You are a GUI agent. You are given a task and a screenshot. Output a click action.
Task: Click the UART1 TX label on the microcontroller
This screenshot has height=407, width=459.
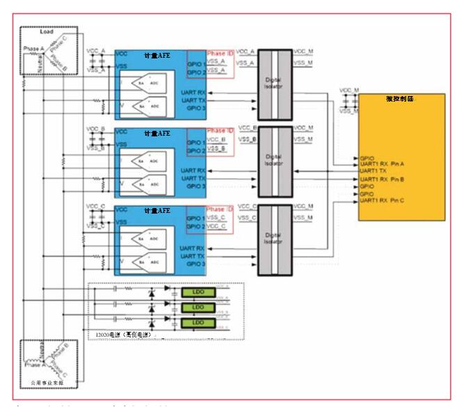373,170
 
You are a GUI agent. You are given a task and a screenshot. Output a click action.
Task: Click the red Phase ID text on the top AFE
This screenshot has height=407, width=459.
220,54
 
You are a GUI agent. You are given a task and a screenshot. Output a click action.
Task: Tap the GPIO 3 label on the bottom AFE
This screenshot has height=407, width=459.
195,264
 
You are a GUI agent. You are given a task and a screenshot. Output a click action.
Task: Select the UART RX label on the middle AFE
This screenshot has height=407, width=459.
191,170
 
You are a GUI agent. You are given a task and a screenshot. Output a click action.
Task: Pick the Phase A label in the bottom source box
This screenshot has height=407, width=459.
33,365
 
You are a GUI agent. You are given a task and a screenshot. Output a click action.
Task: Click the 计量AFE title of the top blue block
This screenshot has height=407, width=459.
157,54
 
